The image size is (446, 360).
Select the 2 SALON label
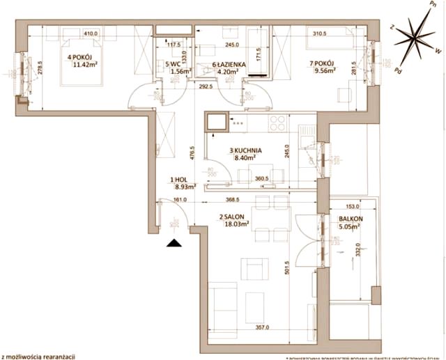click(232, 217)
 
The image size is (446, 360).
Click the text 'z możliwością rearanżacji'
click(38, 355)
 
